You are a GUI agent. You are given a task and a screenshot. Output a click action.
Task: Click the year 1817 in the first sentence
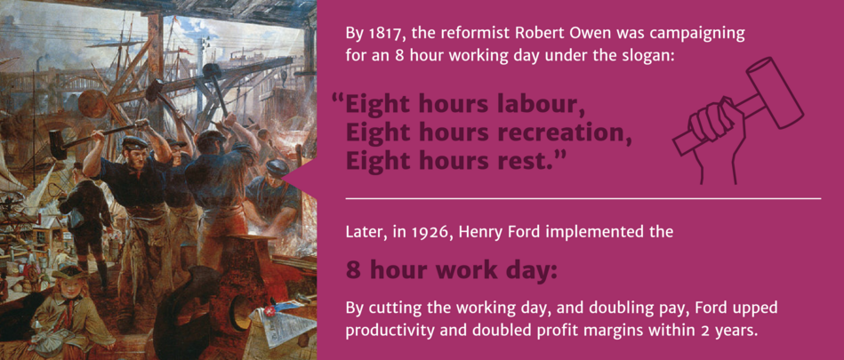(x=377, y=34)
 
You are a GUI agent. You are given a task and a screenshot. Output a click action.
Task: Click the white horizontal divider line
(x=583, y=198)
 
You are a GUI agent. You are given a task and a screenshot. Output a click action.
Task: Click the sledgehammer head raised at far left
(x=58, y=145)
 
